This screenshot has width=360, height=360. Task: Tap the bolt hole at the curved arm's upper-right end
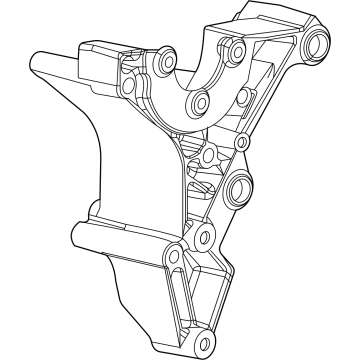pyautogui.click(x=232, y=47)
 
